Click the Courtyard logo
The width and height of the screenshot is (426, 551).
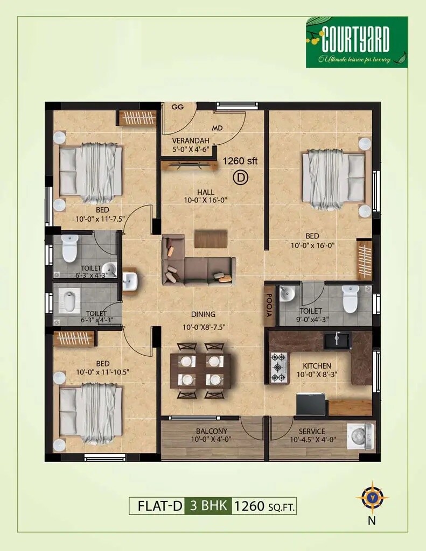tap(357, 42)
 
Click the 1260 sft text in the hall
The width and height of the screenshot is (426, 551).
tap(241, 160)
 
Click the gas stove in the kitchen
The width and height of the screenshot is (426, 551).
tap(279, 367)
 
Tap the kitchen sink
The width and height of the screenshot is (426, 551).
tap(337, 340)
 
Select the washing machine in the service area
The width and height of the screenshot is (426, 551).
tap(360, 436)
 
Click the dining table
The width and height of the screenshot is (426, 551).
tap(200, 370)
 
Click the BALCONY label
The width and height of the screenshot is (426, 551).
tap(212, 431)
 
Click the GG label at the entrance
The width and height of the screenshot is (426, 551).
tap(177, 107)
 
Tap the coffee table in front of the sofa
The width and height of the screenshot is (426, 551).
tap(211, 239)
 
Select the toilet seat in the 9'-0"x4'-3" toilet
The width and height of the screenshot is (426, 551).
tap(351, 299)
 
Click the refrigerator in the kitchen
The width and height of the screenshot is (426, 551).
tap(311, 403)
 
